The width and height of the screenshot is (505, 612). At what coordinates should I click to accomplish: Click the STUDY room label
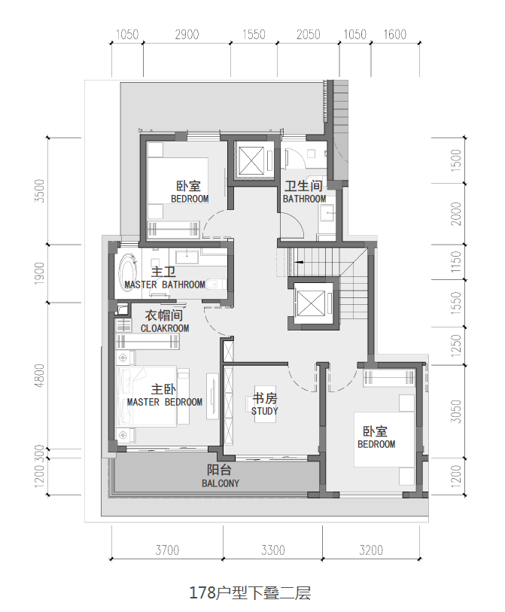tap(265, 411)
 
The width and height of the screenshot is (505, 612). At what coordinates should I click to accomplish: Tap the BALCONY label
tap(221, 483)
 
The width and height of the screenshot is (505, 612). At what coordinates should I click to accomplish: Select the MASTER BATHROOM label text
tap(165, 285)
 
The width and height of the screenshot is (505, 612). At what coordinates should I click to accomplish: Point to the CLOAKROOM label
tap(165, 328)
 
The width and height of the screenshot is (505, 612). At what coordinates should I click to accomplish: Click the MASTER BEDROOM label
tap(165, 402)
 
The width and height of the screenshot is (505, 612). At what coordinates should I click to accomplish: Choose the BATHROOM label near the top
tap(304, 199)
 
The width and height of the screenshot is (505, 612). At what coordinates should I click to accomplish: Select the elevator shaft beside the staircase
tap(310, 303)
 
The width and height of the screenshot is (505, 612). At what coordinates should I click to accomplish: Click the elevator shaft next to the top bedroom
tap(251, 160)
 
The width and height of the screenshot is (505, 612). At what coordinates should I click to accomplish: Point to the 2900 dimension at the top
tap(187, 35)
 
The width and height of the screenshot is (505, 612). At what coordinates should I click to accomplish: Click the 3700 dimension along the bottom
tap(167, 550)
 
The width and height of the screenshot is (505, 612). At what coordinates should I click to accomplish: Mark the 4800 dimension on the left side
tap(39, 376)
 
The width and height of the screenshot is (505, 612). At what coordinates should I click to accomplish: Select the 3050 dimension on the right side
tap(456, 411)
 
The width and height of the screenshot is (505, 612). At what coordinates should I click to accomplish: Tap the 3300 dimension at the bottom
tap(273, 550)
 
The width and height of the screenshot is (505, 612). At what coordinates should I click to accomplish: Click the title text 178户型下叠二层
tap(250, 592)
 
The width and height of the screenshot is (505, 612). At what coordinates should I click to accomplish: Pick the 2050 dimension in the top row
tap(309, 35)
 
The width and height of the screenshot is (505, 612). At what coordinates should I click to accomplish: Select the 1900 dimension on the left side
tap(39, 273)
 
